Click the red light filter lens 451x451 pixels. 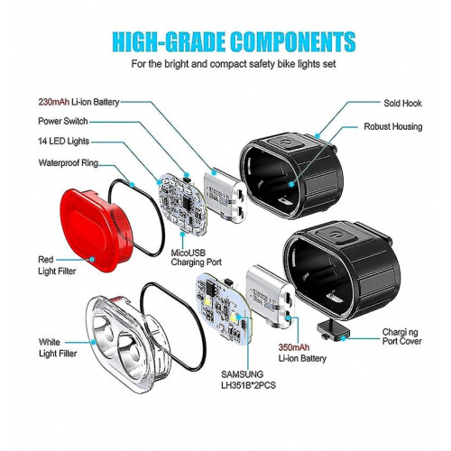click(x=97, y=231)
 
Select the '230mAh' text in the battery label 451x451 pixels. click(x=54, y=102)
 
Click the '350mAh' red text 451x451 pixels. click(x=294, y=347)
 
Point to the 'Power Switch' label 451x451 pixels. click(x=63, y=121)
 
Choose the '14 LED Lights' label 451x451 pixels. click(x=64, y=142)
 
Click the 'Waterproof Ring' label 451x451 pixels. click(x=69, y=163)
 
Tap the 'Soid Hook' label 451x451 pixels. click(x=402, y=103)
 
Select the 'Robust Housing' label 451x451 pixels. click(x=393, y=126)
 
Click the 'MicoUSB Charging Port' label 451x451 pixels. click(x=196, y=258)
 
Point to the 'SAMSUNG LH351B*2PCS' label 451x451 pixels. click(x=248, y=380)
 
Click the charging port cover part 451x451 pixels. click(x=334, y=330)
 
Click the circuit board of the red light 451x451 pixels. click(x=182, y=204)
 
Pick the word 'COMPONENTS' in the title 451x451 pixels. click(x=293, y=41)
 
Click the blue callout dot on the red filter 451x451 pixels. click(x=92, y=259)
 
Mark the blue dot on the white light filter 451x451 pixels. click(x=94, y=342)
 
